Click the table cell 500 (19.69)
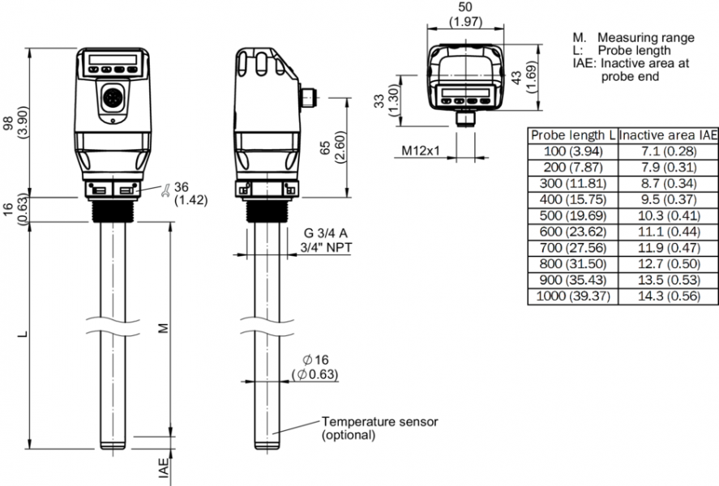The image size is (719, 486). click(572, 216)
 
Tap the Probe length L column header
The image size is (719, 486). click(572, 135)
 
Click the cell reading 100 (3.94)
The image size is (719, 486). click(572, 151)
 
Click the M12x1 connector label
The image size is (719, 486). click(420, 151)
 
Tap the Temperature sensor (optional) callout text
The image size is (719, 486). click(379, 428)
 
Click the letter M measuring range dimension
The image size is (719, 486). click(163, 328)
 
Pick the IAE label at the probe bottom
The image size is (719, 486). click(163, 469)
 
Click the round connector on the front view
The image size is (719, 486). click(109, 100)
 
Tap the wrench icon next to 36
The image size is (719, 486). click(165, 190)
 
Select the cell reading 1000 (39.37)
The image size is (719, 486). click(572, 296)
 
